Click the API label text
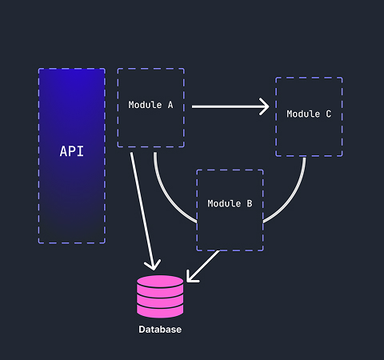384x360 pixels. tap(72, 151)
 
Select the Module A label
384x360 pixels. tap(150, 105)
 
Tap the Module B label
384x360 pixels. tap(230, 203)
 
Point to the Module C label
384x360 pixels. tap(309, 114)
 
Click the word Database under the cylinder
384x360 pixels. tap(160, 330)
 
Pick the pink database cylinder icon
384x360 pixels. tap(160, 297)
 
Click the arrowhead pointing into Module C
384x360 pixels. tap(265, 106)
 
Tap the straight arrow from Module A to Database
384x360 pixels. tap(142, 211)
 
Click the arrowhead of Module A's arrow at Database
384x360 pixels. tap(153, 265)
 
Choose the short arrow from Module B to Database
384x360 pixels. tap(202, 266)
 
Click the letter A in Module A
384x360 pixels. tap(170, 105)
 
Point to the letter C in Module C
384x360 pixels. tap(329, 114)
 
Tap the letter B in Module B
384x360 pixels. tap(250, 203)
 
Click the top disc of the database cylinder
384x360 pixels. tap(160, 282)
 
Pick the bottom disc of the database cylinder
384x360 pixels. tap(160, 312)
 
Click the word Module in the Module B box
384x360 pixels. tap(224, 203)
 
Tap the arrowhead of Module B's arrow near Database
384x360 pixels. tap(190, 278)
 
